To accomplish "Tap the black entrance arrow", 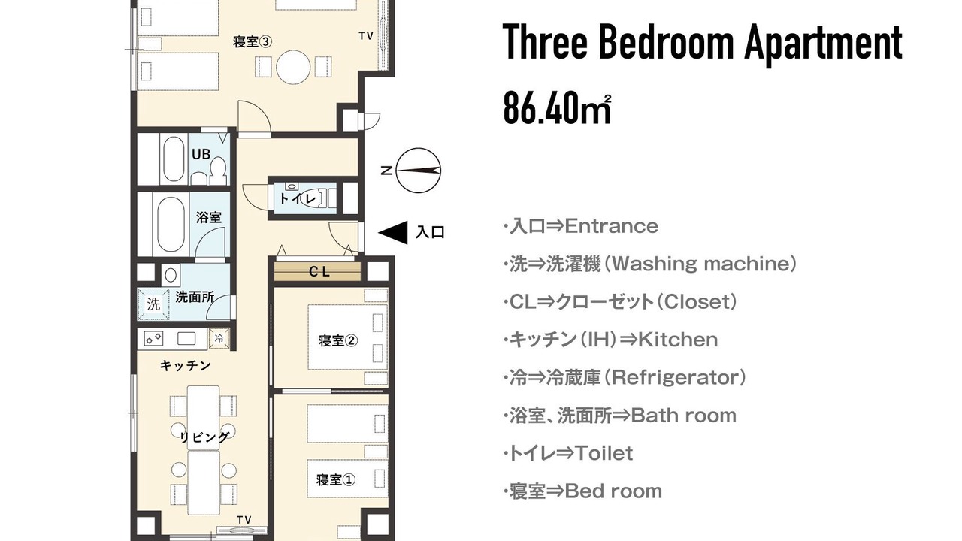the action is coord(392,233).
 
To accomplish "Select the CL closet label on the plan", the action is coord(319,271).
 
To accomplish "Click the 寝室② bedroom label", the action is coord(338,341).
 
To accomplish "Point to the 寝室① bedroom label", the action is coord(335,479).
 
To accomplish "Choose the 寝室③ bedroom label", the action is coord(252,41).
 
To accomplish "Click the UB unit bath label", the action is coord(201,154).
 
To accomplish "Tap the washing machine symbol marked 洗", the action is coord(153,304).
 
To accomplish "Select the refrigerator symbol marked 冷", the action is coord(219,338).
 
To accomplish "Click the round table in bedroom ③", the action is coord(293,67).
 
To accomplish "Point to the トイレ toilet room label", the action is coord(298,199).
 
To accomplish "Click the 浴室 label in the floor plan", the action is coord(209,218).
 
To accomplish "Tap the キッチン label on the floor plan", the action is coord(186,366).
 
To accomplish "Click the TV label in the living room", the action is coord(244,520).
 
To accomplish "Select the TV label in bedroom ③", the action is coord(366,36).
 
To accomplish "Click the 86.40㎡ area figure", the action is coord(557,109).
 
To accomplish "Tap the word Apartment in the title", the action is coord(823,44).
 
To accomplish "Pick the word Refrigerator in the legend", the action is coord(678,378).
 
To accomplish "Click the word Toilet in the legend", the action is coord(604,453).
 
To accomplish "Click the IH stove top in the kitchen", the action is coord(153,339).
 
